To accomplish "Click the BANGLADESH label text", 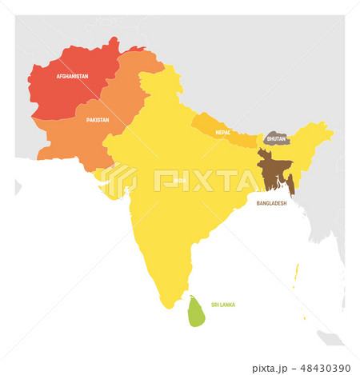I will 271,203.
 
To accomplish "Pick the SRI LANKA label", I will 222,305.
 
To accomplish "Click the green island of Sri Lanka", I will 196,311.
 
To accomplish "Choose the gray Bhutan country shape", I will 277,138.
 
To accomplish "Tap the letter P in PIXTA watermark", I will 163,181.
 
